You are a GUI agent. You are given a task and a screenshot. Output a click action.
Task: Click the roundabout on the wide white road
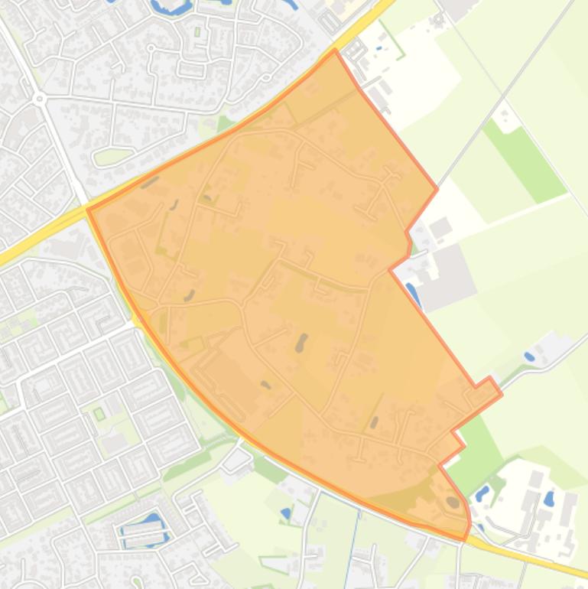tap(40, 99)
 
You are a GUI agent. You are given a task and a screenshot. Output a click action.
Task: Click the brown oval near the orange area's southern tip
tap(453, 503)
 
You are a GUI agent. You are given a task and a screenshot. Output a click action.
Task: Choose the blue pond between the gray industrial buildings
tap(549, 500)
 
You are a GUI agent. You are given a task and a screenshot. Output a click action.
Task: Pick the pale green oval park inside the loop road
tap(112, 158)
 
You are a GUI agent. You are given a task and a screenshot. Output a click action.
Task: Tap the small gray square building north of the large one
tap(440, 227)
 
